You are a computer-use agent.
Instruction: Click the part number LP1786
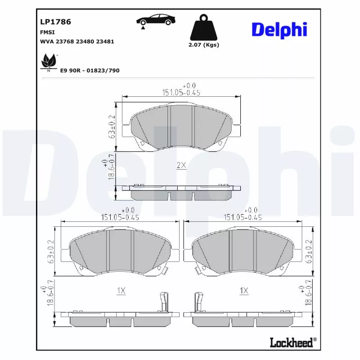(x=55, y=22)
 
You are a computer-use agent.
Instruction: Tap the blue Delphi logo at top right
(x=279, y=30)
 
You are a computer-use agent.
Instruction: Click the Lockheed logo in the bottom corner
(x=293, y=342)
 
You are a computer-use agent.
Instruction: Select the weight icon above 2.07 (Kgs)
(x=204, y=27)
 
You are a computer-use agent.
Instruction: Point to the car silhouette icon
(x=156, y=19)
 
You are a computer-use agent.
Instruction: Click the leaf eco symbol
(x=49, y=63)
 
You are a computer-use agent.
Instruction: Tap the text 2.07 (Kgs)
(x=204, y=45)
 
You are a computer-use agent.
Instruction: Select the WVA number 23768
(x=65, y=41)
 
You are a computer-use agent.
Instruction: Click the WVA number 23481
(x=105, y=41)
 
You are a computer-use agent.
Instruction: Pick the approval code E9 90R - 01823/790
(x=90, y=71)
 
